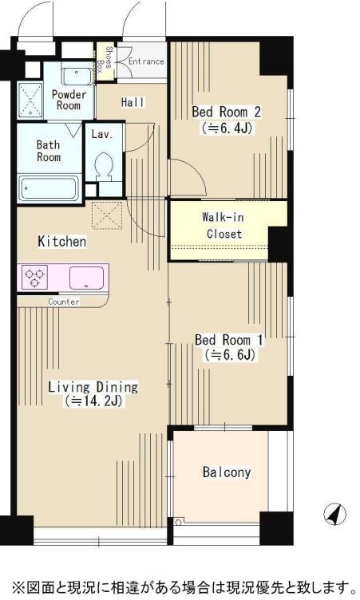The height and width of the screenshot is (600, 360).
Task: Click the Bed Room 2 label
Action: point(226,112)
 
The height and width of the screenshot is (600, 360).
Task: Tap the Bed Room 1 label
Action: point(228,339)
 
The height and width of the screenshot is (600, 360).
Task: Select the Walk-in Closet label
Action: point(224,225)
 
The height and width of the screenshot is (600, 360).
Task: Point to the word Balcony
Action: point(227,472)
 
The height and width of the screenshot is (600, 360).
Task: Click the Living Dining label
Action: point(93,387)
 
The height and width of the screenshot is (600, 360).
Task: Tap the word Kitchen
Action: point(62,242)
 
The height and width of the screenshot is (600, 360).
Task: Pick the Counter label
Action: point(64,302)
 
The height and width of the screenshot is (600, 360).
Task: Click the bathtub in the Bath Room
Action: point(49,188)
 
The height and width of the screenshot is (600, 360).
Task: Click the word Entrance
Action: point(146,61)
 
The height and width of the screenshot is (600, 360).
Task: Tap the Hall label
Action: point(133,102)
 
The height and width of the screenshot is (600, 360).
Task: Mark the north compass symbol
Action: point(334,514)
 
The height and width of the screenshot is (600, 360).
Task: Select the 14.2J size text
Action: point(93,401)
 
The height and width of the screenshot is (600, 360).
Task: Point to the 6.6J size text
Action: point(230,355)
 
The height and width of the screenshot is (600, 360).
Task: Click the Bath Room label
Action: point(49,151)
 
